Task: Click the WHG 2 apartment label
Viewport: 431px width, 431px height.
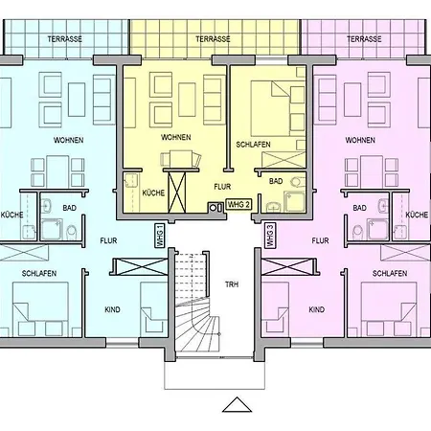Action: click(x=238, y=205)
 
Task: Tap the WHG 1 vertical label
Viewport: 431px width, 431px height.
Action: click(x=160, y=236)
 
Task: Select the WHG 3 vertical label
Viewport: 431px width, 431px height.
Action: click(x=270, y=236)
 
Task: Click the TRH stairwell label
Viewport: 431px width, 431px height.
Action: click(x=232, y=284)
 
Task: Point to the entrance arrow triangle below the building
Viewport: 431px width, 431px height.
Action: click(x=237, y=404)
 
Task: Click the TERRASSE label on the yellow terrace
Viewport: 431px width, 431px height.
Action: click(x=213, y=39)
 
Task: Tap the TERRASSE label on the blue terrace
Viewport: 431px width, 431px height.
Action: click(x=65, y=39)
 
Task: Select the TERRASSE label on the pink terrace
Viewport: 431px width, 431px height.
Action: click(x=364, y=39)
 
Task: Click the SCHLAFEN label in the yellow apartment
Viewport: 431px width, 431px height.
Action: click(x=253, y=145)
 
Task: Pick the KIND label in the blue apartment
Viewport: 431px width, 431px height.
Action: click(x=112, y=309)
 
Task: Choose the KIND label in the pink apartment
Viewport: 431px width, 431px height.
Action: click(x=317, y=309)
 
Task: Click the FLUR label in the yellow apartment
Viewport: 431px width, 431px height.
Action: click(x=222, y=187)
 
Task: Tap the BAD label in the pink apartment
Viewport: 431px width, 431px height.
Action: click(x=359, y=208)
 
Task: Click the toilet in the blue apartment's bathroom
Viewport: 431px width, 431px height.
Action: click(x=72, y=232)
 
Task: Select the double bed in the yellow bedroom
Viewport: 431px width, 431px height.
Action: click(x=270, y=109)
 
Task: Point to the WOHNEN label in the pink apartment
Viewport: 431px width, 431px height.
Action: click(x=360, y=140)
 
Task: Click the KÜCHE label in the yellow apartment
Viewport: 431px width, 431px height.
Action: click(x=153, y=193)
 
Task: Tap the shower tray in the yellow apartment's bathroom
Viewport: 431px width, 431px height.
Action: click(x=294, y=201)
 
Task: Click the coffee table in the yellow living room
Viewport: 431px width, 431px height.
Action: click(x=187, y=100)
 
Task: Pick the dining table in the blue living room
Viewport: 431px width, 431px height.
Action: click(x=57, y=171)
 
